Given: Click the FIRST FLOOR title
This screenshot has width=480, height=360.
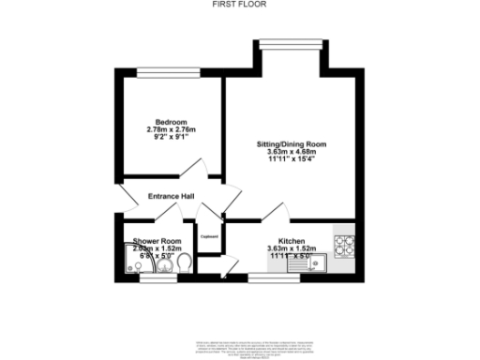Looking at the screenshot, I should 239,6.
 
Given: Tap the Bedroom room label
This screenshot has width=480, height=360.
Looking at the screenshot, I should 172,123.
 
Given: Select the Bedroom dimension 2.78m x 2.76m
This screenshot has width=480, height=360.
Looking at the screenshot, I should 172,130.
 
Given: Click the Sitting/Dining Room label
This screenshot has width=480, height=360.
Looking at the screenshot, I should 292,144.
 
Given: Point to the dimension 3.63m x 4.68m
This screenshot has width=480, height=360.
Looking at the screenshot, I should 292,152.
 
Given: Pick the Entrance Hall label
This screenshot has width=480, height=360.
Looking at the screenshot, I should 171,196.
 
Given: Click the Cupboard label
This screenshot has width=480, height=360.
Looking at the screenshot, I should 208,236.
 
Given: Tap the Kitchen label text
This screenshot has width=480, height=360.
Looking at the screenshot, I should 291,241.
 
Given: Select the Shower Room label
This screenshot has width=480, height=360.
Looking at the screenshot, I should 151,241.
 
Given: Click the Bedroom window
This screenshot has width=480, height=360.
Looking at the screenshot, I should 170,72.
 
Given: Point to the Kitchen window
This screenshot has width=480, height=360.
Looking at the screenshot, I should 272,278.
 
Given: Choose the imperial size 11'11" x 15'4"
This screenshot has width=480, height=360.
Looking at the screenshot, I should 292,159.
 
